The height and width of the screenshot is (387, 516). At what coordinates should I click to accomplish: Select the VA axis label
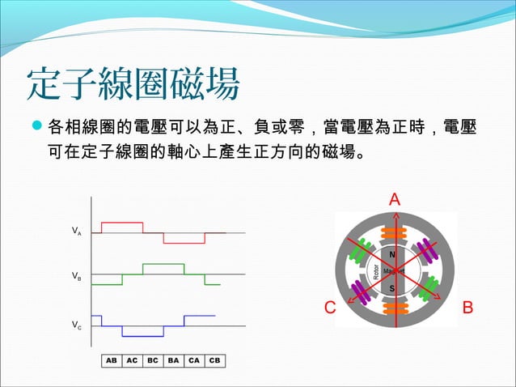click(76, 232)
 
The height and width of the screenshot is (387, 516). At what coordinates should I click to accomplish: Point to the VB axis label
click(76, 277)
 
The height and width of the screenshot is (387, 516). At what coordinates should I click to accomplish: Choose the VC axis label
click(76, 325)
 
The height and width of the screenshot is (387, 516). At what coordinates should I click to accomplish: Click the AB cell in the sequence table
click(111, 360)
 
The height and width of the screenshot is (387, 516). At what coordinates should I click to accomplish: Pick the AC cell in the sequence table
click(132, 360)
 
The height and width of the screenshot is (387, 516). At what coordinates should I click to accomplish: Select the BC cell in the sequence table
click(152, 360)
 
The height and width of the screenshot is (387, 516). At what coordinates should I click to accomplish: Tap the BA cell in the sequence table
click(173, 360)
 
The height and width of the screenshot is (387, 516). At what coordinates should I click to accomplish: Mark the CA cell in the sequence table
click(193, 360)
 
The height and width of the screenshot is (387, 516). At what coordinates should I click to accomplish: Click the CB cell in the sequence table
click(214, 360)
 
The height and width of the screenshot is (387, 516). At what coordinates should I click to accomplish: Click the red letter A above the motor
click(394, 199)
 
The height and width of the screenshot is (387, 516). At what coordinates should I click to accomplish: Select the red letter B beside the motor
click(467, 308)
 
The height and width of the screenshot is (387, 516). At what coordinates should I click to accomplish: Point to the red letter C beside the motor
click(330, 308)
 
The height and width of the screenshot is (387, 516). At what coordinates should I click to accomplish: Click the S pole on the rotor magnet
click(392, 287)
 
